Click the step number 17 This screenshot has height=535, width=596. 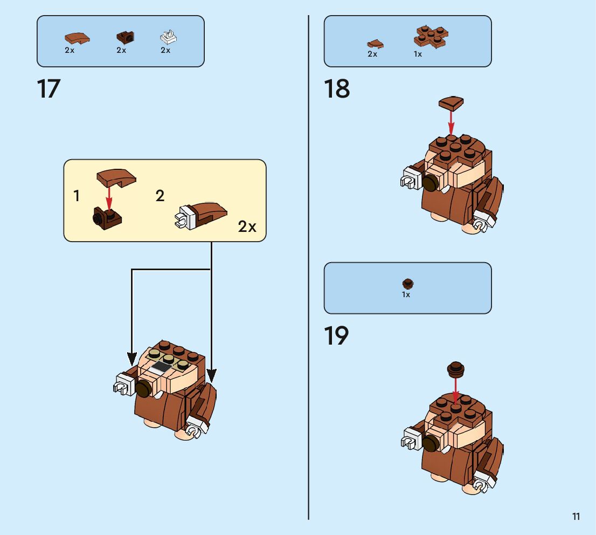tap(48, 89)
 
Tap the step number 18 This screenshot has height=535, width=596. tap(337, 89)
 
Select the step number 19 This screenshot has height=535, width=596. tap(336, 336)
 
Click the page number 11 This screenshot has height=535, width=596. tap(576, 517)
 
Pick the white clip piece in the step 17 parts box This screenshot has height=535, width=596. tap(169, 37)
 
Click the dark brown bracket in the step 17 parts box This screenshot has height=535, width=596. tap(125, 37)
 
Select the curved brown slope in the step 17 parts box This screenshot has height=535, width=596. tap(77, 38)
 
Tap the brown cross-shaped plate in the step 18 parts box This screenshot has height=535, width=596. tap(431, 36)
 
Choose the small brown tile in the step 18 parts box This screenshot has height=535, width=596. tap(375, 44)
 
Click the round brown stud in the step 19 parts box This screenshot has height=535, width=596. tap(408, 283)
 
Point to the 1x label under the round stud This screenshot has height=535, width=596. tap(406, 295)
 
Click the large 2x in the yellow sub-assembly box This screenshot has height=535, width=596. tap(247, 227)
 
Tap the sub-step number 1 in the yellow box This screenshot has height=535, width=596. tap(77, 196)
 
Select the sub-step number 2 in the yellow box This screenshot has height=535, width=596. tap(160, 196)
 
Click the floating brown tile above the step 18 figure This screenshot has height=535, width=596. tap(452, 102)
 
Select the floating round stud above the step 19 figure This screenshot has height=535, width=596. tap(456, 369)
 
